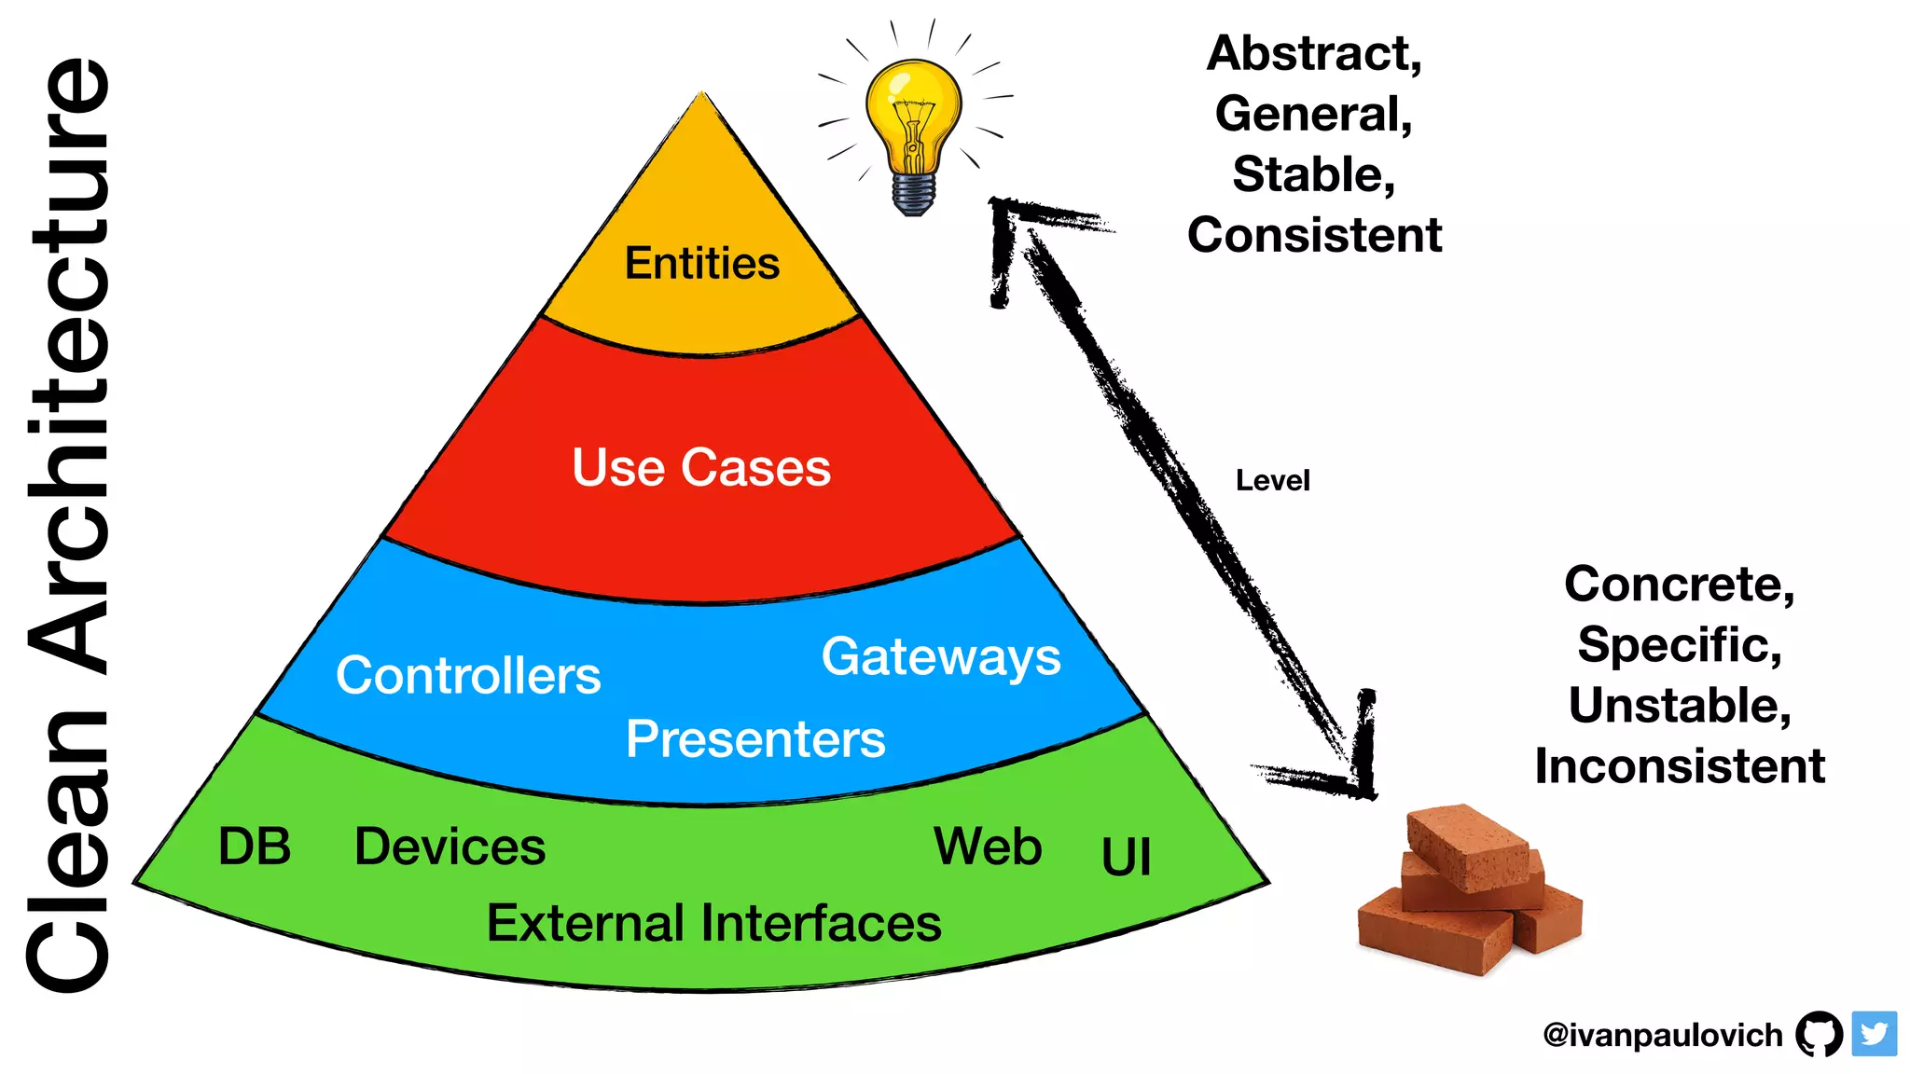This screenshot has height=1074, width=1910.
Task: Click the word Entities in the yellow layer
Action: [x=701, y=264]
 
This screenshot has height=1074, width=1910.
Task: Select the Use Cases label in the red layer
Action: [x=700, y=467]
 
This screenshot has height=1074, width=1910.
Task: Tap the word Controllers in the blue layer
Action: [x=468, y=676]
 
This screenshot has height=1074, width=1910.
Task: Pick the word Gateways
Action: [x=940, y=657]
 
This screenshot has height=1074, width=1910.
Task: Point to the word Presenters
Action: [x=755, y=739]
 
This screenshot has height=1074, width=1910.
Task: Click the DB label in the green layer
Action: [x=254, y=847]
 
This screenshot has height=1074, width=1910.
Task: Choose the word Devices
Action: [x=450, y=847]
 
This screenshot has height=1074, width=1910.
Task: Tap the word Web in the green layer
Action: [x=988, y=847]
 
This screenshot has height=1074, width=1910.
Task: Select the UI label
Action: [x=1126, y=857]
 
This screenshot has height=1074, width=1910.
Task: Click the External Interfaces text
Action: [x=713, y=923]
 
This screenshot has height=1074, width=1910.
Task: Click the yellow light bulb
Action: [x=913, y=112]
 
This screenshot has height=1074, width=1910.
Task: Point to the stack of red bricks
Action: [x=1470, y=890]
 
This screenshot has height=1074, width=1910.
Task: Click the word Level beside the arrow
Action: [x=1272, y=481]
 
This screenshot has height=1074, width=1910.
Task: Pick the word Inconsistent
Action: [x=1679, y=766]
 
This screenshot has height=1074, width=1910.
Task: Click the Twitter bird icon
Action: [x=1874, y=1034]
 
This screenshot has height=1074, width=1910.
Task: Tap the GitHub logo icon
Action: [x=1819, y=1034]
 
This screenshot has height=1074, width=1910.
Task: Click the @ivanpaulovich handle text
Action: [x=1662, y=1035]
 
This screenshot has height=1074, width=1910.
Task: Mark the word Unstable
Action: [x=1679, y=706]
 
